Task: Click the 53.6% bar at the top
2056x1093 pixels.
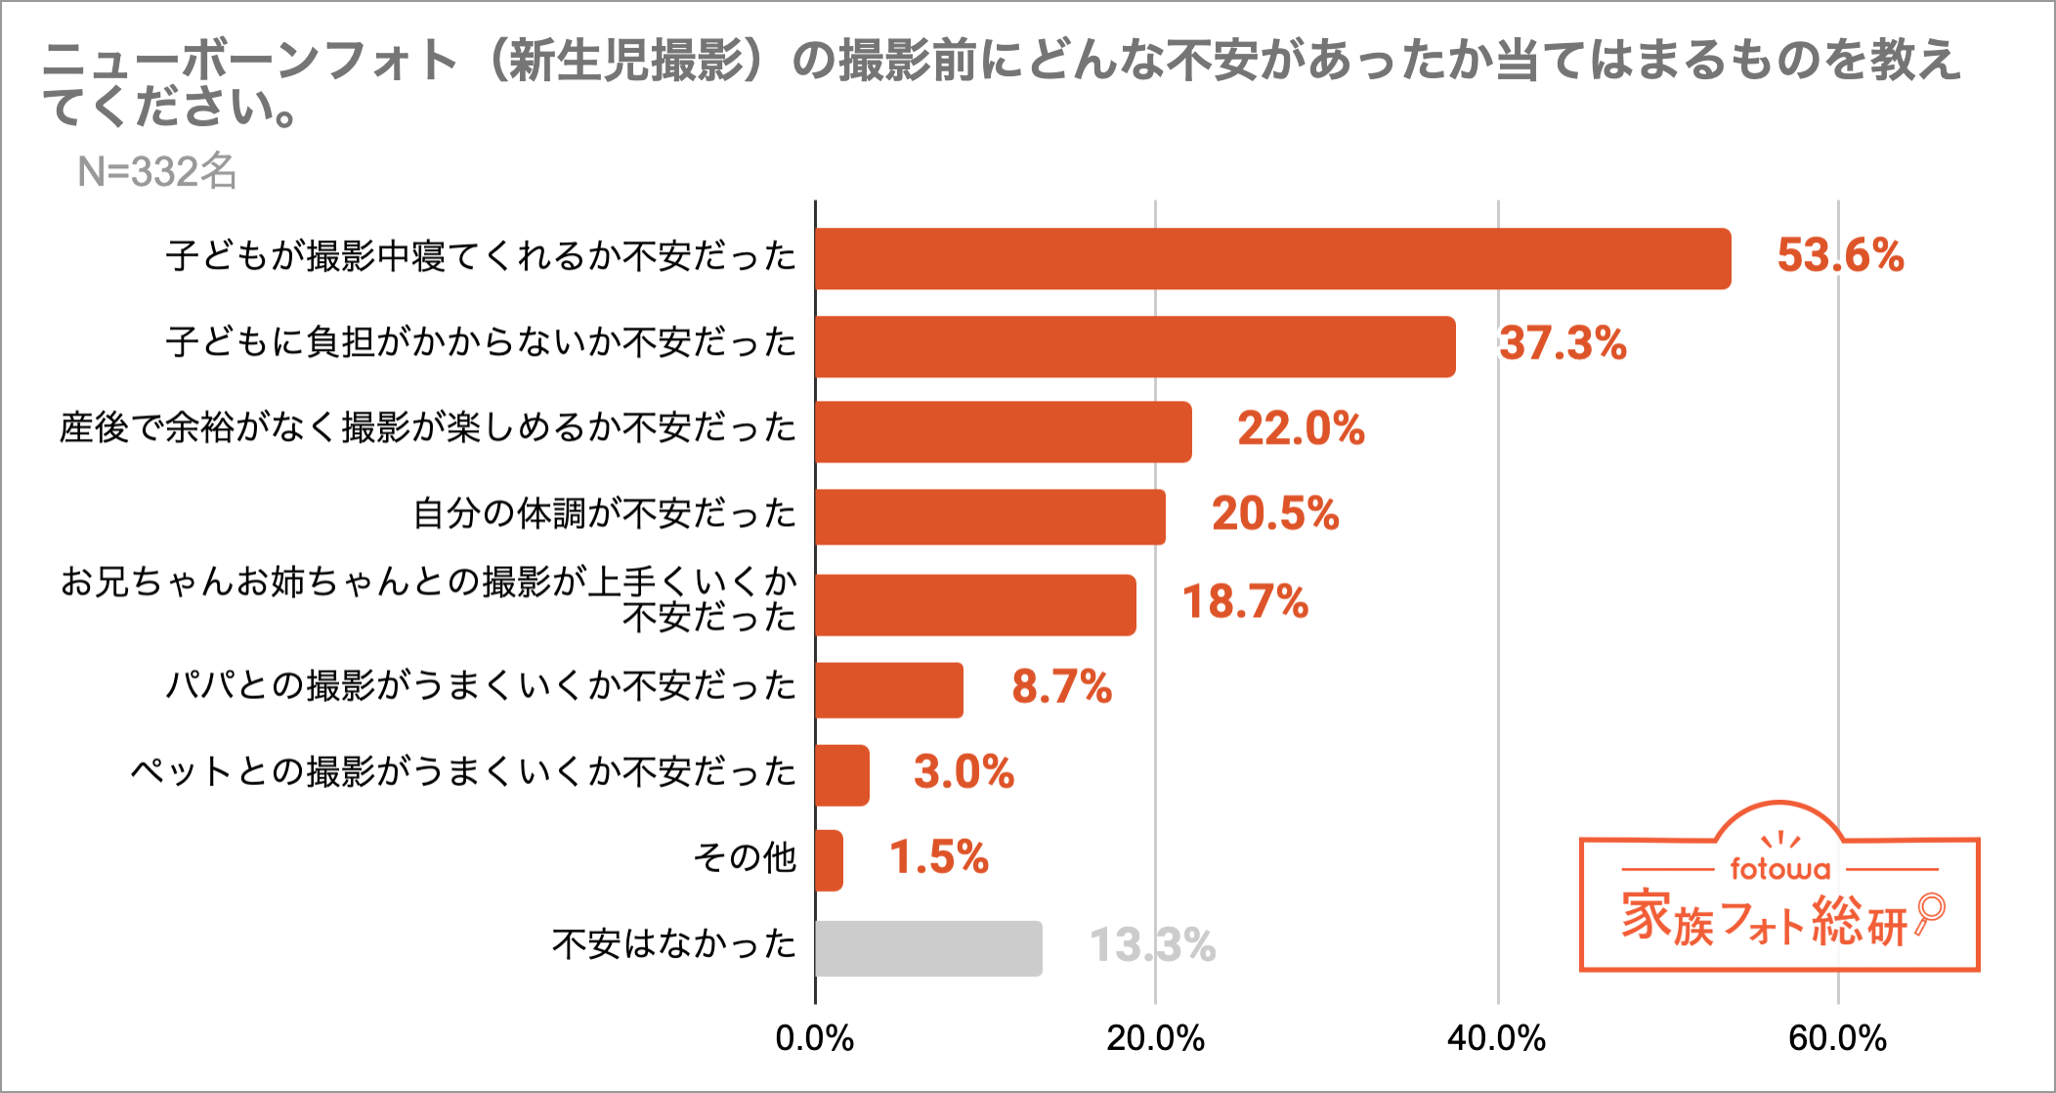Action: pos(1272,259)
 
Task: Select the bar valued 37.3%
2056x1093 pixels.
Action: pos(1135,347)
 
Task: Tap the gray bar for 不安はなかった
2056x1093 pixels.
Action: pos(928,948)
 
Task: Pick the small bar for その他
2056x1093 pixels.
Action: pos(829,860)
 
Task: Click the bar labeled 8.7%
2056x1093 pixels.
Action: pos(889,690)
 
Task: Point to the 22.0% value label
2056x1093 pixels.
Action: pos(1301,429)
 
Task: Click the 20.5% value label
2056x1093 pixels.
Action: pos(1275,514)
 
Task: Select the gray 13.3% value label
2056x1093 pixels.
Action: pos(1152,945)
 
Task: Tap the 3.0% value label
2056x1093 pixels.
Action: pos(964,772)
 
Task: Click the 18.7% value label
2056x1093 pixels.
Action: pos(1245,602)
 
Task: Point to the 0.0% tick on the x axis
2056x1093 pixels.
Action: pos(814,1038)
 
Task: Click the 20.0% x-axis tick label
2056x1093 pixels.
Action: pos(1155,1038)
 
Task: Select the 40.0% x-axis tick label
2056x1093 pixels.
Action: pos(1496,1038)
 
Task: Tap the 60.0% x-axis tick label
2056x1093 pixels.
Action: pos(1837,1038)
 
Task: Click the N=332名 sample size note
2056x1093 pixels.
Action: pos(157,172)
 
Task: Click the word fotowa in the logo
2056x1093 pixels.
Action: pos(1779,868)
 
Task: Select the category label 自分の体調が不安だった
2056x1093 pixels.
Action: pos(605,514)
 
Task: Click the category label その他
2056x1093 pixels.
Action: pos(745,858)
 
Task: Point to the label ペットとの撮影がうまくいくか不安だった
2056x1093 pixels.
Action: pos(463,772)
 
